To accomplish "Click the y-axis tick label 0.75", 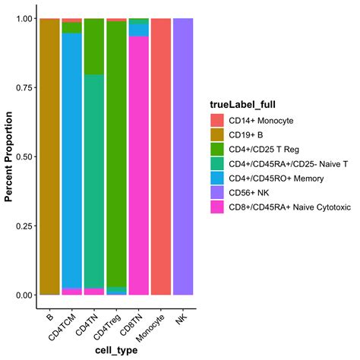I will tap(24, 87).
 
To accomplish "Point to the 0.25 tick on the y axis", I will tap(24, 226).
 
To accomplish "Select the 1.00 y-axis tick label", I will tap(24, 18).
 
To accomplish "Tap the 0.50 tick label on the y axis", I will tap(24, 156).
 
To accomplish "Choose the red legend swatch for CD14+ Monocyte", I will tap(218, 120).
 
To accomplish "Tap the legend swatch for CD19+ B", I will tap(218, 134).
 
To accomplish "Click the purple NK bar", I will tap(183, 156).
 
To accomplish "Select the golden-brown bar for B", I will tap(49, 156).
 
